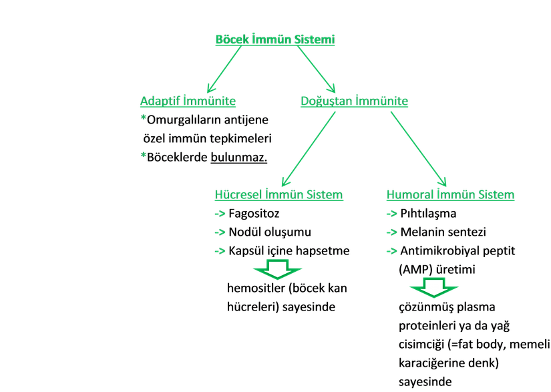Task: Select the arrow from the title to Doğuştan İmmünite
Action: point(317,70)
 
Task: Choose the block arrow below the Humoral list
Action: point(435,287)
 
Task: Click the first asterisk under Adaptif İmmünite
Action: point(143,120)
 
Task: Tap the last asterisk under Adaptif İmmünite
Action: point(143,156)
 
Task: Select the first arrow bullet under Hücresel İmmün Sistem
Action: point(220,214)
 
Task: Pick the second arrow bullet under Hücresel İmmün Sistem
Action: point(220,232)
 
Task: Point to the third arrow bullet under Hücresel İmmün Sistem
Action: point(220,251)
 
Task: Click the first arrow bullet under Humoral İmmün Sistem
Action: point(392,214)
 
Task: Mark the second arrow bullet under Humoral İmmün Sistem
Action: point(392,232)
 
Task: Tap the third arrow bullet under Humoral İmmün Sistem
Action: point(392,251)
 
